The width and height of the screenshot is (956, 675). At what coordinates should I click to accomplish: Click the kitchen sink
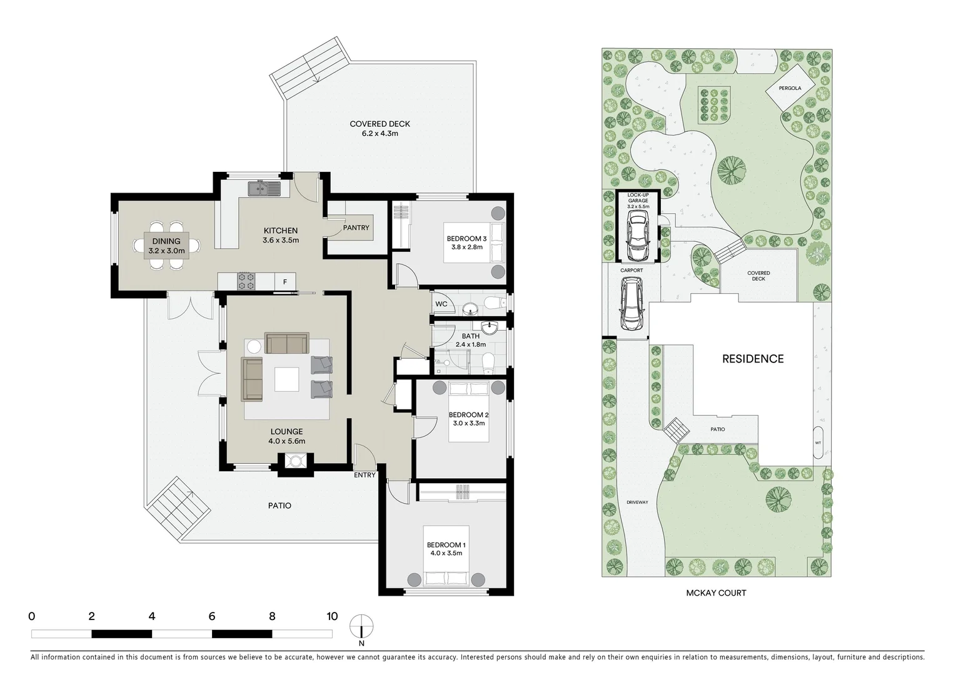pyautogui.click(x=263, y=187)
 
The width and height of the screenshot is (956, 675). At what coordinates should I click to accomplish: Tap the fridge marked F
pyautogui.click(x=285, y=282)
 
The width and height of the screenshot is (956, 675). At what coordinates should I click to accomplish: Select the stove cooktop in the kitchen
pyautogui.click(x=246, y=281)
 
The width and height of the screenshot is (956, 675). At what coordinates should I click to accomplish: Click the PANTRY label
pyautogui.click(x=356, y=227)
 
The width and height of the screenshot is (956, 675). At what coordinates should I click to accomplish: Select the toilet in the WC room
pyautogui.click(x=495, y=303)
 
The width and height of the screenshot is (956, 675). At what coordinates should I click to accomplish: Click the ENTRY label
pyautogui.click(x=365, y=475)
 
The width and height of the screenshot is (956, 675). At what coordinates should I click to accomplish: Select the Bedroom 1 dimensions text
pyautogui.click(x=446, y=553)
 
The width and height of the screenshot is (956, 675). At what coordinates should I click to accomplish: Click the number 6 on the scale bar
pyautogui.click(x=212, y=616)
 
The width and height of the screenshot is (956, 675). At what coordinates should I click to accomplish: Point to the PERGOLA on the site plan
pyautogui.click(x=790, y=88)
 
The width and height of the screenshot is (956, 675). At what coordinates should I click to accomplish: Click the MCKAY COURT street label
pyautogui.click(x=716, y=592)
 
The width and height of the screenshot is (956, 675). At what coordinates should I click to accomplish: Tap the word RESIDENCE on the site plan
pyautogui.click(x=753, y=359)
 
